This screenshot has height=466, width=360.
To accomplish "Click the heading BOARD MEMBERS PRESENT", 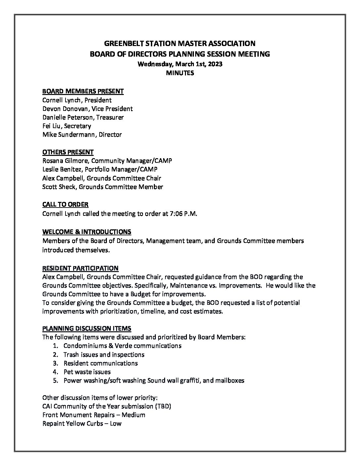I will (83, 91).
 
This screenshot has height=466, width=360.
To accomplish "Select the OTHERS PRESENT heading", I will (68, 152).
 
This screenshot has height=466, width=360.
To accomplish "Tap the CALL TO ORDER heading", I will (65, 205).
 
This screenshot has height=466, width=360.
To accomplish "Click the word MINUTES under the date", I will (180, 73).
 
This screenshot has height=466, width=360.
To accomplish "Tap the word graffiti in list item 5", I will (189, 380).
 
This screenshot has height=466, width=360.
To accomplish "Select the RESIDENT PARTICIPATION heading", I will (80, 268).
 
